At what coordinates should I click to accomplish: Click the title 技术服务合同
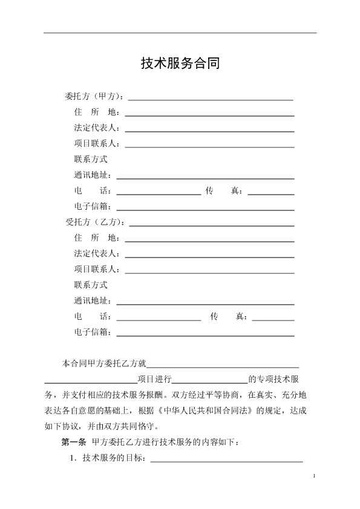pos(180,63)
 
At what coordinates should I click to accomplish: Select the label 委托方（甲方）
pos(94,97)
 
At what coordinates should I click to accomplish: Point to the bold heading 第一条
pos(74,442)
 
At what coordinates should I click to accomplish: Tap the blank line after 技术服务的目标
pos(226,461)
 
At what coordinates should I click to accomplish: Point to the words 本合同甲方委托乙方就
pos(104,364)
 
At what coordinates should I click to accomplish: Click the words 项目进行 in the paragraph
pos(154,380)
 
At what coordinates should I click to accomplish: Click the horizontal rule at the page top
pos(180,33)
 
